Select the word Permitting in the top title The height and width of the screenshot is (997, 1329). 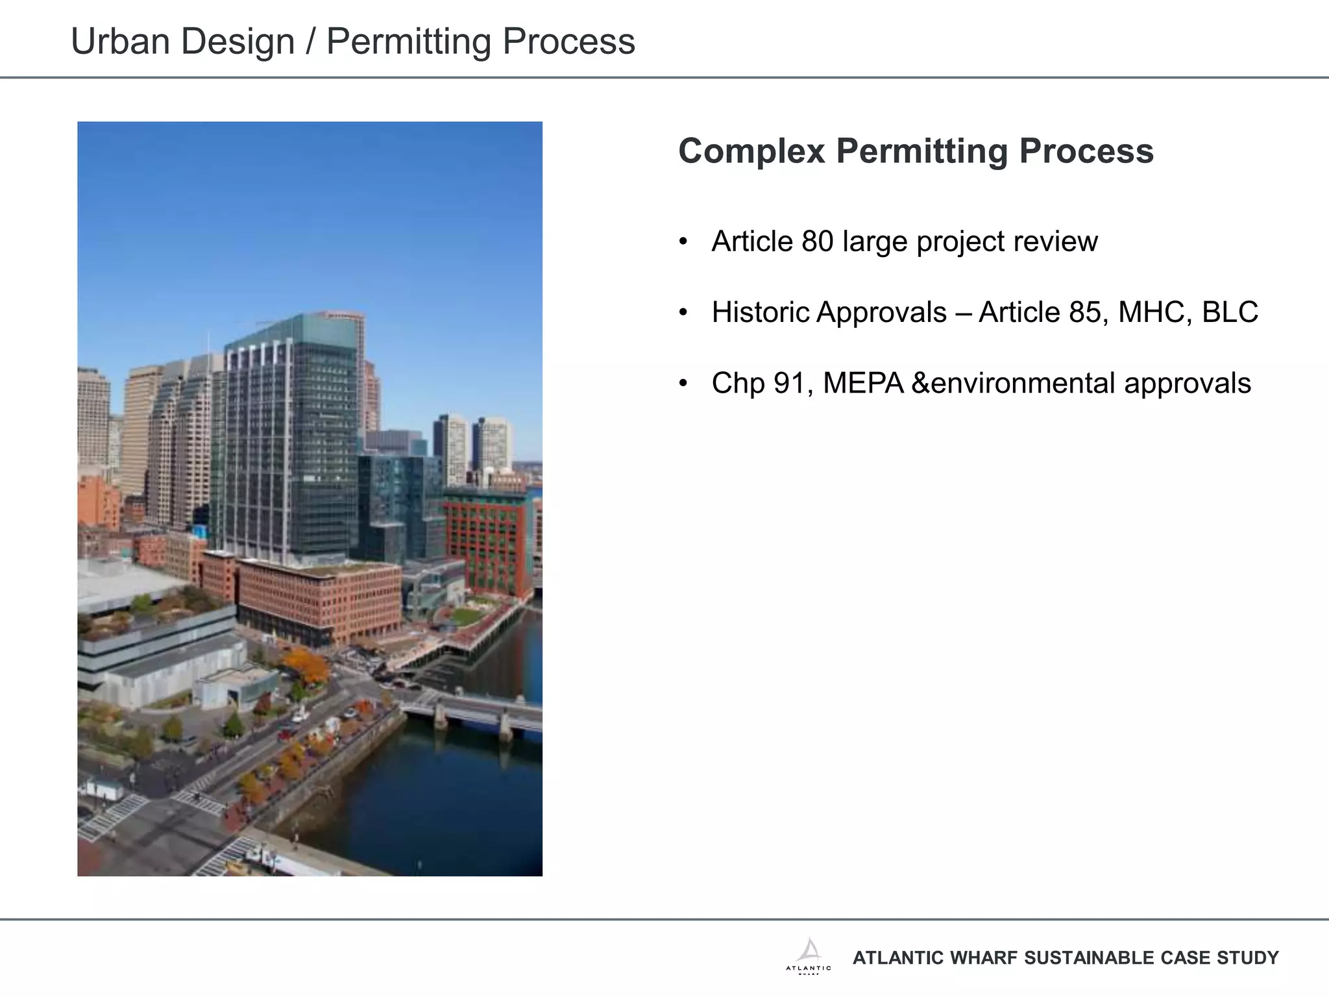coord(409,42)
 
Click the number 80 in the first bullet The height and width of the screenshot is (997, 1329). coord(817,241)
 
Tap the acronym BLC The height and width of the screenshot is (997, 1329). coord(1230,312)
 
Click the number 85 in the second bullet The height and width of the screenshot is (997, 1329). coord(1084,312)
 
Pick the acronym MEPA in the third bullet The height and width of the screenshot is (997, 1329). coord(863,383)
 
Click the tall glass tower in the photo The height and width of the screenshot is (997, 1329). coord(292,441)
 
